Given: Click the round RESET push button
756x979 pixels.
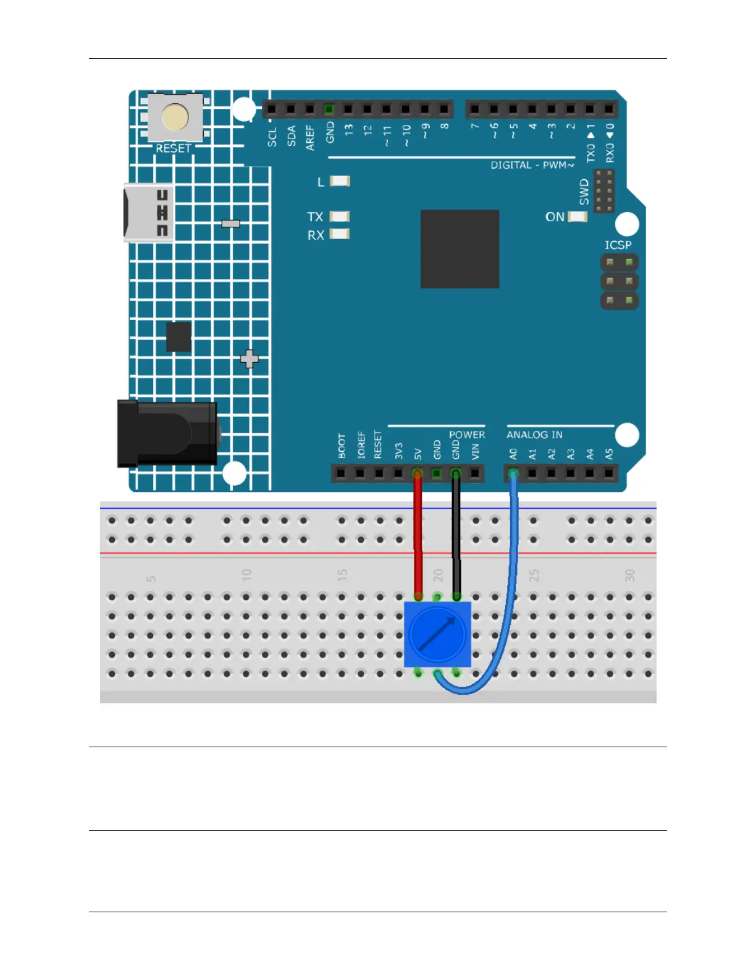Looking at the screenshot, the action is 175,117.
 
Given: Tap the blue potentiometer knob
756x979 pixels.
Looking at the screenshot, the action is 437,634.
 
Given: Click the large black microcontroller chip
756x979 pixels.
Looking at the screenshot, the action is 460,248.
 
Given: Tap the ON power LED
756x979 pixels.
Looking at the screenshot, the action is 577,217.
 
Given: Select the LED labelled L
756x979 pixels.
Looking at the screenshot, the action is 340,181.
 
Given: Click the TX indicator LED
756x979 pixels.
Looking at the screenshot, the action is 340,216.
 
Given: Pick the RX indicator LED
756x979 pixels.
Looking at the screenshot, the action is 340,234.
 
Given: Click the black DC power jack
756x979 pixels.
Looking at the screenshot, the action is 168,433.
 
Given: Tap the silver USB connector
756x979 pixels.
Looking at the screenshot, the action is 148,213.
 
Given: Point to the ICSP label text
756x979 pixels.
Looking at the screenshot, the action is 618,245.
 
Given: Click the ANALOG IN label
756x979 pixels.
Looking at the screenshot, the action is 534,434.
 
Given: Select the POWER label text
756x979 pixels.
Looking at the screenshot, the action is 466,434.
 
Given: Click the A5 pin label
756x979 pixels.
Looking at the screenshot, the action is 609,454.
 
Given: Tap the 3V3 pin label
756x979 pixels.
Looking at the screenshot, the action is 399,451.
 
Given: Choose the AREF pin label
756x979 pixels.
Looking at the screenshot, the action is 310,137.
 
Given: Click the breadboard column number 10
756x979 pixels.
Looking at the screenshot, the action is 246,575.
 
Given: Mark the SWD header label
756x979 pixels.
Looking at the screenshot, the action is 584,192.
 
